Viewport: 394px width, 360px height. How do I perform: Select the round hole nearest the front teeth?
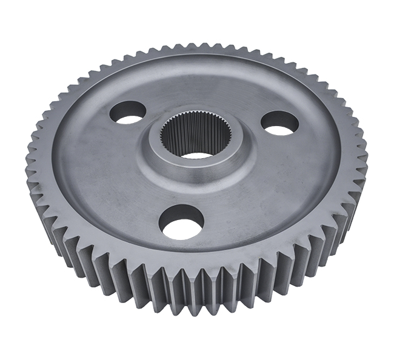[179, 221]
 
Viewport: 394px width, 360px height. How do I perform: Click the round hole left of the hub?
[127, 112]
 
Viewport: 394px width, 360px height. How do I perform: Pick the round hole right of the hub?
[279, 122]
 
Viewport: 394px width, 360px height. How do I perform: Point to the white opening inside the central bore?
[196, 155]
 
